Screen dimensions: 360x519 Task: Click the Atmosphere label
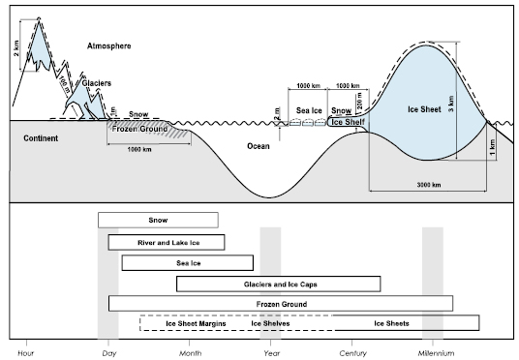pyautogui.click(x=107, y=45)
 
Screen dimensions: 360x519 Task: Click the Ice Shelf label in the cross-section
pyautogui.click(x=347, y=123)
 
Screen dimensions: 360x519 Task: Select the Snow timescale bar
pyautogui.click(x=158, y=220)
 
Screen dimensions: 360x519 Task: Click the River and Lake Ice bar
pyautogui.click(x=166, y=242)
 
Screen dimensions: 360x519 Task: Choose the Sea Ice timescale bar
pyautogui.click(x=187, y=262)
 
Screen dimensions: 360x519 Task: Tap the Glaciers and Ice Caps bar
pyautogui.click(x=278, y=284)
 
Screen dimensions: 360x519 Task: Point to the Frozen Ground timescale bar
pyautogui.click(x=280, y=304)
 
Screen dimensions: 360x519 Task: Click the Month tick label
pyautogui.click(x=191, y=351)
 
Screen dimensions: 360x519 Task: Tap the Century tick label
pyautogui.click(x=352, y=351)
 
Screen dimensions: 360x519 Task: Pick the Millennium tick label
pyautogui.click(x=433, y=351)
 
